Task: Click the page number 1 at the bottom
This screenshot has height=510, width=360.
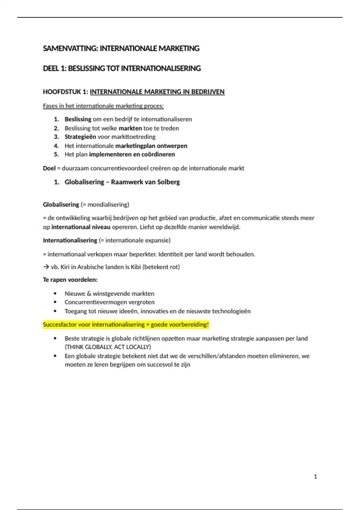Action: point(315,477)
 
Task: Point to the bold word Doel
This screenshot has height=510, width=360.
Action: point(49,168)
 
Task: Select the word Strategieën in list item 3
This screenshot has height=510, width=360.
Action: point(80,137)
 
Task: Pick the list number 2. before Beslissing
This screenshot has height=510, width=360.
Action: point(56,128)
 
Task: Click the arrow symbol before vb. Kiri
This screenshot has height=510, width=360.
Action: point(46,267)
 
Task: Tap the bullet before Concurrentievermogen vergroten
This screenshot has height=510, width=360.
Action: point(55,302)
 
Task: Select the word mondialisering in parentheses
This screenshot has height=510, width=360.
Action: point(107,205)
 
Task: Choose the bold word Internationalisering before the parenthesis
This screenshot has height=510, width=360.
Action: point(70,240)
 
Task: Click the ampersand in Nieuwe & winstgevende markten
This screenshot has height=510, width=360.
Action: point(89,294)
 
